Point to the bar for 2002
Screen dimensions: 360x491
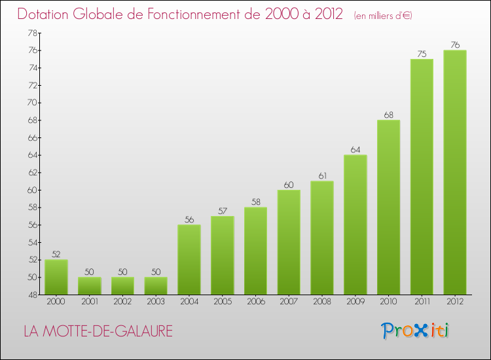tap(122, 285)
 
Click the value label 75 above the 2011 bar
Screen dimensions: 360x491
tap(422, 54)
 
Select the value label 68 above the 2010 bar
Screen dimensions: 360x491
tap(388, 115)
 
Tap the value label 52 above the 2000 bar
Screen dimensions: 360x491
tap(56, 255)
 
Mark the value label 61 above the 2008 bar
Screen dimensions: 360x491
tap(321, 176)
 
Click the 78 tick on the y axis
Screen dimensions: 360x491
tap(32, 33)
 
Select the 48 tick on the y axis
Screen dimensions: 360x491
tap(32, 295)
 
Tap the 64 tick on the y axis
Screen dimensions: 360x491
tap(32, 155)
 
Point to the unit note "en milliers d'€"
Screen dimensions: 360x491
tap(383, 15)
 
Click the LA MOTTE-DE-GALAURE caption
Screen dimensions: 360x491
tap(98, 331)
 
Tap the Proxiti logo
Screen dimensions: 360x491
tap(415, 331)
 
